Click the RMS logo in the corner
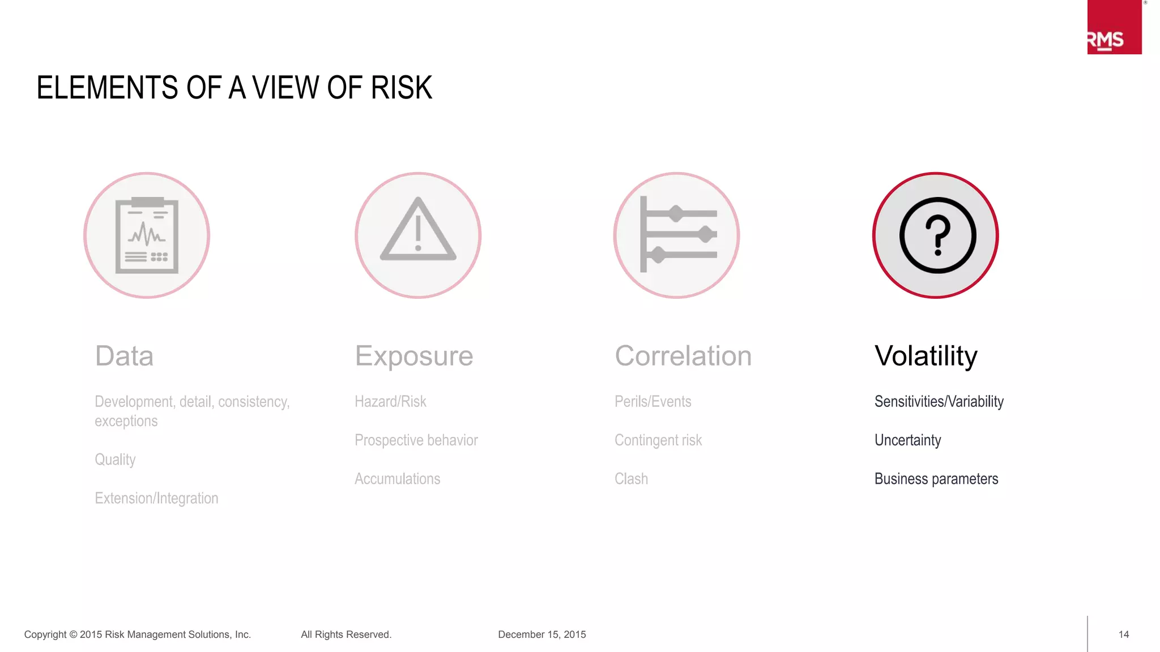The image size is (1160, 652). coord(1114,28)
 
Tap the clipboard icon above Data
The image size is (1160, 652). coord(147,235)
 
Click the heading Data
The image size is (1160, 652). coord(124,356)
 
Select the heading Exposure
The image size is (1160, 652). coord(414,356)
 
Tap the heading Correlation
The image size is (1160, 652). coord(683,356)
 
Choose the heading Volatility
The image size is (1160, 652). coord(926,356)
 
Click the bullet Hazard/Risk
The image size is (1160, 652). coord(390,402)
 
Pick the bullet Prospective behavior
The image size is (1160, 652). coord(416,440)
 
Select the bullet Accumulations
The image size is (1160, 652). coord(397,479)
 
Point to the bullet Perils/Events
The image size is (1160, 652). coord(652,402)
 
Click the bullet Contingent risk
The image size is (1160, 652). coord(658,440)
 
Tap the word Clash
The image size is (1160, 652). coord(631,479)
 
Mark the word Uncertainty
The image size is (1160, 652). coord(907,440)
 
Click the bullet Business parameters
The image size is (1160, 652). coord(936,479)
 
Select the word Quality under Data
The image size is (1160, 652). coord(115,460)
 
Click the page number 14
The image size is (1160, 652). coord(1124,634)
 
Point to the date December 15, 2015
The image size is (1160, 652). coord(542,634)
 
